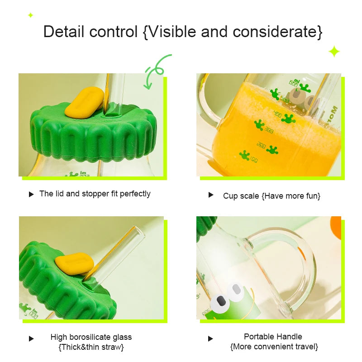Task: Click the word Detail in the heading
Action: [x=63, y=31]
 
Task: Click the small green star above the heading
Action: [x=30, y=15]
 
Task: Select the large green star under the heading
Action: [x=334, y=52]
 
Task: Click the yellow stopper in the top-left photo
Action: [x=84, y=103]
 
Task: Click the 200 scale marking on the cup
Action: [x=262, y=145]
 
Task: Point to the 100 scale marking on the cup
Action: [x=254, y=160]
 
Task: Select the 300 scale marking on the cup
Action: [x=268, y=130]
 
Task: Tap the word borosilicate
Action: [x=91, y=337]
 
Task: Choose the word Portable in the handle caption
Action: [x=258, y=337]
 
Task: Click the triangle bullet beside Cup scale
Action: [x=211, y=195]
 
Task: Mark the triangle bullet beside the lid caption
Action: [x=31, y=195]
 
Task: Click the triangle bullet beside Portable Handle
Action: [x=210, y=338]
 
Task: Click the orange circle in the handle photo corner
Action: [x=336, y=228]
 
